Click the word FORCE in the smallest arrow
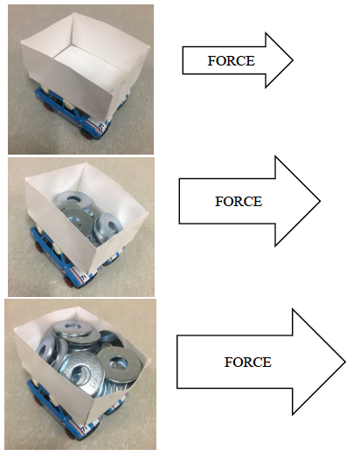(x=231, y=61)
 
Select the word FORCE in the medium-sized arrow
(x=239, y=202)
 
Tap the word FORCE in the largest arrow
(x=248, y=363)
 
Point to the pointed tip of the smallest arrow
(x=293, y=60)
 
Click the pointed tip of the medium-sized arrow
(x=320, y=201)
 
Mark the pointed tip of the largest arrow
(x=345, y=362)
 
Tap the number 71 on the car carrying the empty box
(x=101, y=126)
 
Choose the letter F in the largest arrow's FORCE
(x=228, y=363)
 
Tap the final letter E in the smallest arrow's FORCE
(x=252, y=61)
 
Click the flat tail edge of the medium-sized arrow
(x=179, y=201)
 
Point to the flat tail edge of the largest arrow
(x=177, y=362)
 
